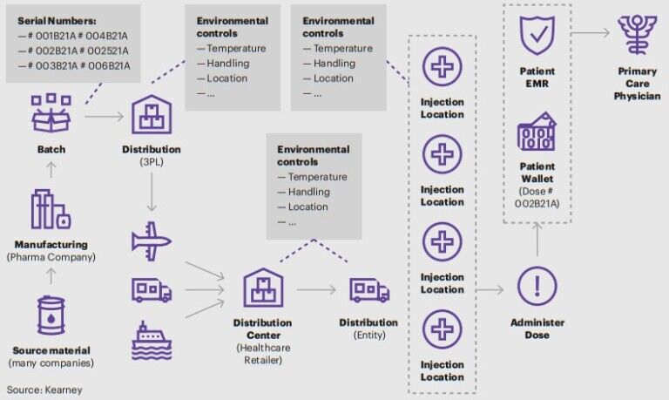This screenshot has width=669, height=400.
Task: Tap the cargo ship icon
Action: (151, 340)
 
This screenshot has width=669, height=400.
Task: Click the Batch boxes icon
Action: (51, 112)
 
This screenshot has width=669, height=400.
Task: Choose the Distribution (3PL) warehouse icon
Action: (151, 113)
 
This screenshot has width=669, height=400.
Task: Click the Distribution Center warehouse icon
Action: (262, 288)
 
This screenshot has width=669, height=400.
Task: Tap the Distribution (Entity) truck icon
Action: (368, 289)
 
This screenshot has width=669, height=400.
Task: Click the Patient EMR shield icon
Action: (537, 36)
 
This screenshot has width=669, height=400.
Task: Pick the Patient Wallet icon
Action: (537, 132)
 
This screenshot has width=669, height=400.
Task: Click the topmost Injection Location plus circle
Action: (442, 67)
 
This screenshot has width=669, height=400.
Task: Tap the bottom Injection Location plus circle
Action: (442, 329)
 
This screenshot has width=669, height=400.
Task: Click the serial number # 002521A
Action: (107, 51)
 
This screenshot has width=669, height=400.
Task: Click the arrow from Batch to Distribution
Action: (105, 114)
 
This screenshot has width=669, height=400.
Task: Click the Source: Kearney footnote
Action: (44, 390)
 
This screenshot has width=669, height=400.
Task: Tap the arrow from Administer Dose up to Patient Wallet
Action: (537, 241)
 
